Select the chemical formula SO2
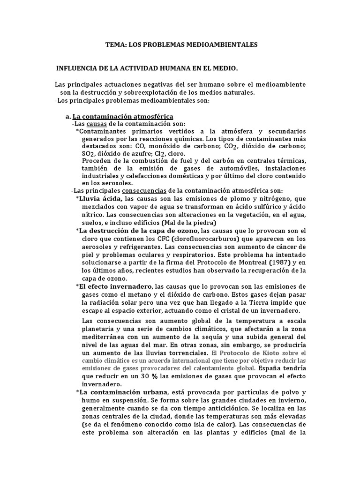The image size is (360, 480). [88, 154]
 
